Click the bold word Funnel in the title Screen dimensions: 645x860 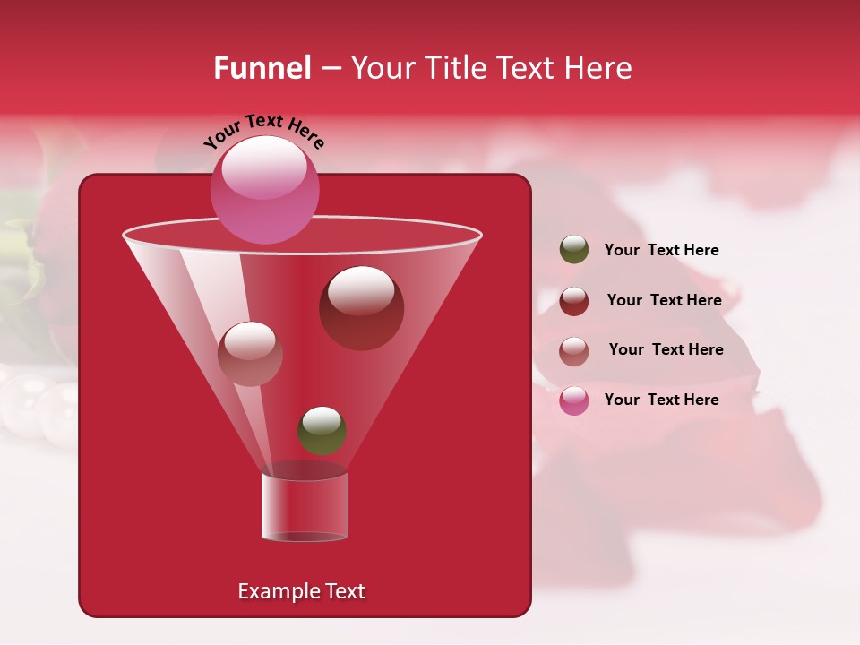(262, 68)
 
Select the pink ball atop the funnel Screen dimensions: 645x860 (264, 189)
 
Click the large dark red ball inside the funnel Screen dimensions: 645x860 (361, 307)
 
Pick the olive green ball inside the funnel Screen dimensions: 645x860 (322, 430)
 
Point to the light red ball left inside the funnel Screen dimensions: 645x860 (250, 353)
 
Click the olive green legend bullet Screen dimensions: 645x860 (574, 250)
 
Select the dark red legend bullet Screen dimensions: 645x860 (574, 301)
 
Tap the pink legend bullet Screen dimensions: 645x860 (574, 400)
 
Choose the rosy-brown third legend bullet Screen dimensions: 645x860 (574, 350)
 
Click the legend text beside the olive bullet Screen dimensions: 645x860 (661, 250)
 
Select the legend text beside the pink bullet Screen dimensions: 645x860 (661, 400)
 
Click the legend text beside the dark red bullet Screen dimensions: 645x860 (664, 300)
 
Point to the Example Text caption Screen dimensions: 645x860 (301, 591)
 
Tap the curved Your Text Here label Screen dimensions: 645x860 (263, 132)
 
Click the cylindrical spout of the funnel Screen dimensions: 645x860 (305, 507)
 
